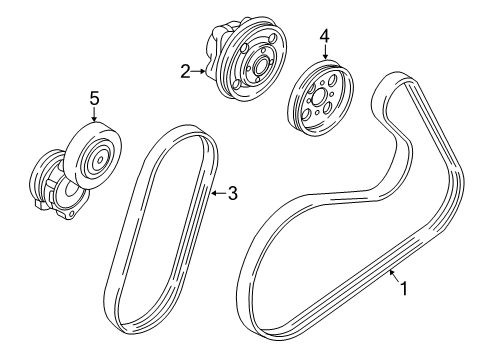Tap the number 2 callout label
pos(185,70)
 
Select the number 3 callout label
pos(232,194)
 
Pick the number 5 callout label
pos(95,98)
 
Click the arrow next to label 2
pos(200,70)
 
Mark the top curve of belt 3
pos(180,129)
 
